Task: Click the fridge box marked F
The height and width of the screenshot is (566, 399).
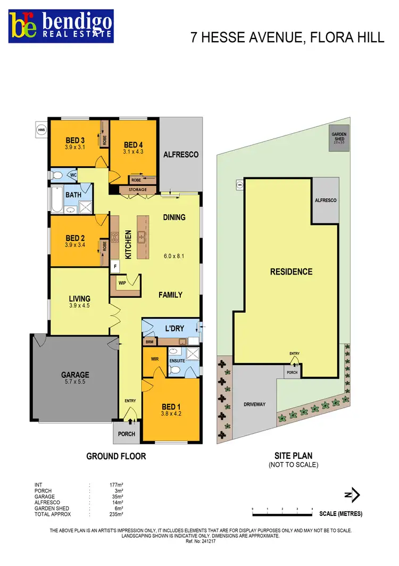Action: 115,265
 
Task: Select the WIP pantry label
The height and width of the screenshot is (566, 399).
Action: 122,283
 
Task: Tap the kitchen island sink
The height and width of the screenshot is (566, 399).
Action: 142,236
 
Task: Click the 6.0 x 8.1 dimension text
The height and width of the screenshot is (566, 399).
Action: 173,256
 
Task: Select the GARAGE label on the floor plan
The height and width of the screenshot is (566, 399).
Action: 74,375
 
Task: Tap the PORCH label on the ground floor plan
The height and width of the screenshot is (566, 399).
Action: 126,434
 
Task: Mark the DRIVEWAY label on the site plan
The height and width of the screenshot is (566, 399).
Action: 254,405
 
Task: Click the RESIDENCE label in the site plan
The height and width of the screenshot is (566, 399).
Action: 291,272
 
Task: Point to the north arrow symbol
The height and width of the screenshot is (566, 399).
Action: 350,495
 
